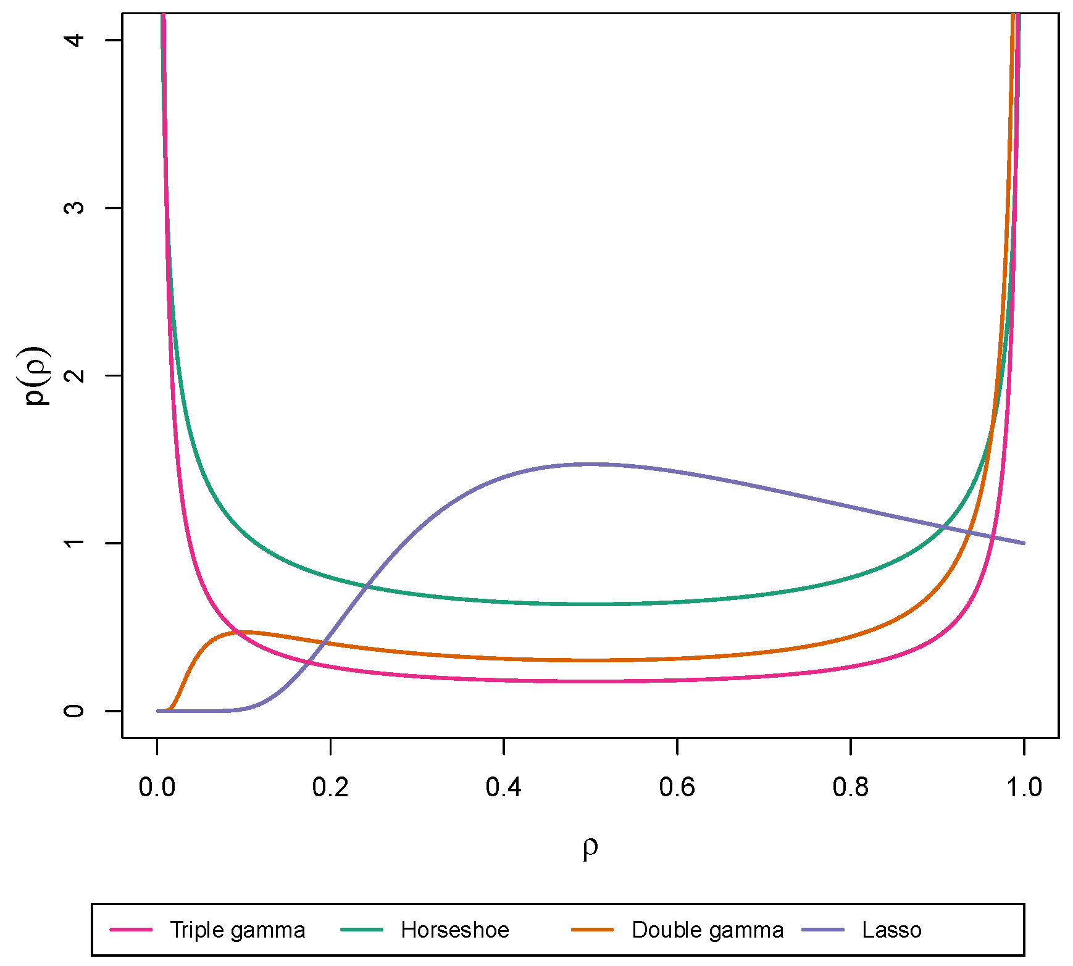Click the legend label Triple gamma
click(x=237, y=930)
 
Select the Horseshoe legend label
click(x=454, y=930)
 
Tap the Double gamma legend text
click(x=707, y=930)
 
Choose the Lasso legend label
click(x=891, y=930)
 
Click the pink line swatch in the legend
click(x=131, y=930)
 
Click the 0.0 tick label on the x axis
click(x=157, y=788)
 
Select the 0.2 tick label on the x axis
click(x=331, y=788)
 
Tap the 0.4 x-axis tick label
click(x=504, y=788)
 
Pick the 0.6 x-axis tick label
click(x=677, y=788)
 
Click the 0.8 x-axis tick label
click(x=851, y=788)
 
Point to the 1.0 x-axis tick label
click(x=1024, y=788)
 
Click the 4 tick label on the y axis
click(x=75, y=40)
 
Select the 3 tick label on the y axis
click(x=75, y=207)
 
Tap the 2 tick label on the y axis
click(x=75, y=375)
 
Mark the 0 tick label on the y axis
click(x=75, y=710)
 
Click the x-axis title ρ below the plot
click(x=590, y=848)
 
